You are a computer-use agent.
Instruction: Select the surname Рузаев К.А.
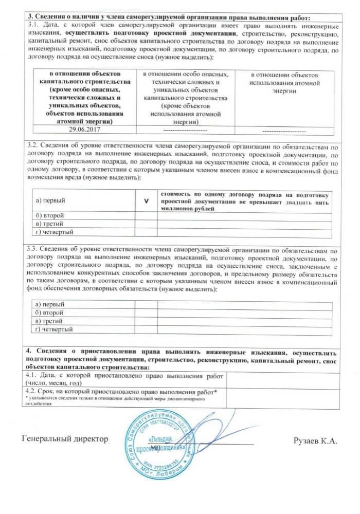pyautogui.click(x=315, y=440)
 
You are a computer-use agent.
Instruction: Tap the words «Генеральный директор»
pyautogui.click(x=65, y=439)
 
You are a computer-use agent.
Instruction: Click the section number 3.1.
pyautogui.click(x=32, y=25)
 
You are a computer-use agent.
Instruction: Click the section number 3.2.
pyautogui.click(x=32, y=146)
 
